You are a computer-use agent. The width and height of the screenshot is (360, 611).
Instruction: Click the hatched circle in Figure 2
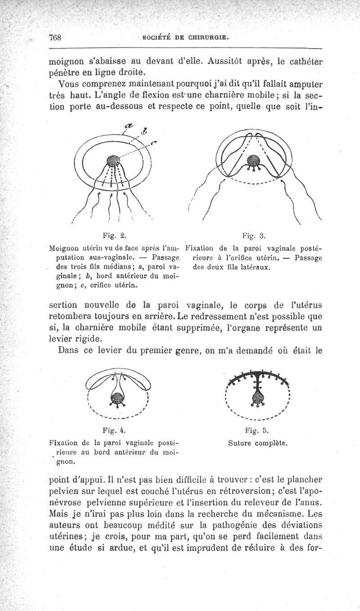pyautogui.click(x=112, y=161)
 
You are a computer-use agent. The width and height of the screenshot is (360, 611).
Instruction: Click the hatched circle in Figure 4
pyautogui.click(x=116, y=397)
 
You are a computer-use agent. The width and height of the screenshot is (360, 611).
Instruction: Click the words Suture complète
pyautogui.click(x=258, y=443)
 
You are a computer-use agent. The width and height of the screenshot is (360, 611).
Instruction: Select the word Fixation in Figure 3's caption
pyautogui.click(x=201, y=248)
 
